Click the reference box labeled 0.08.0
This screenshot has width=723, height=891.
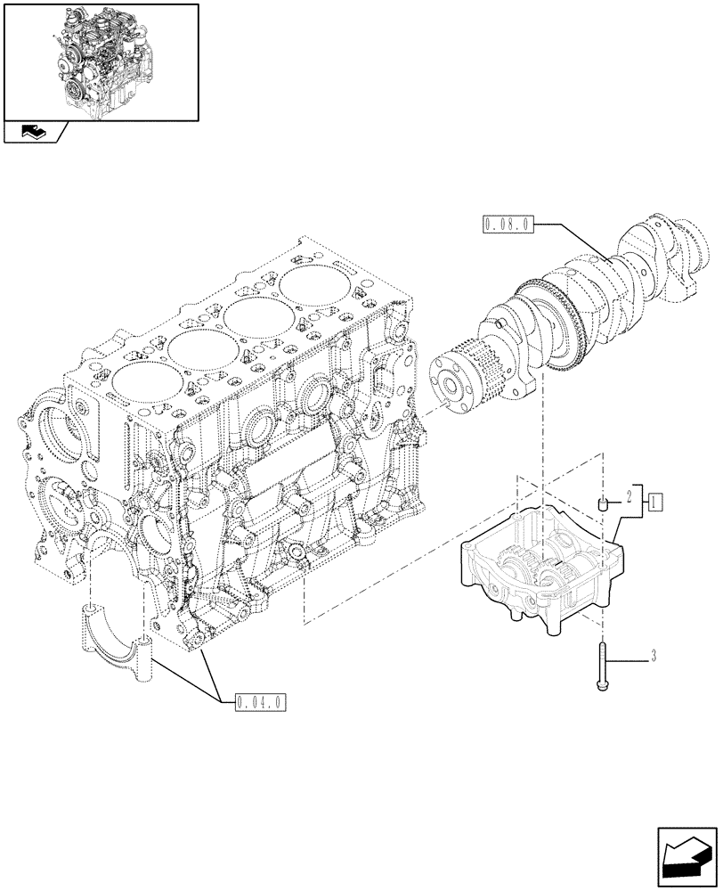click(x=508, y=224)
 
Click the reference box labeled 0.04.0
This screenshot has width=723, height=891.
click(x=260, y=701)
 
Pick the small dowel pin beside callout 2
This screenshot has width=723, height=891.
click(x=603, y=505)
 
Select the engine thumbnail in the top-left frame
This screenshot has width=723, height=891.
click(x=100, y=60)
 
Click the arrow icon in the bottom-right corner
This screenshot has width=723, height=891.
click(x=687, y=857)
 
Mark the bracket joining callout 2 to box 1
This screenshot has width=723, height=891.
click(x=641, y=502)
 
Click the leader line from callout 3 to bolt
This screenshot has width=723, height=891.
click(x=628, y=659)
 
